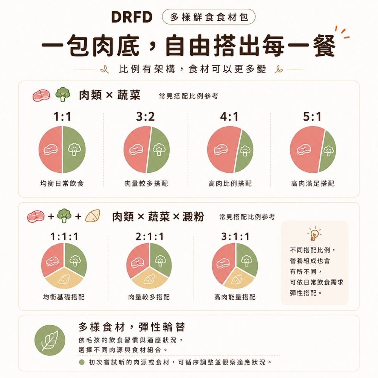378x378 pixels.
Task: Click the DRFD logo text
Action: [132, 17]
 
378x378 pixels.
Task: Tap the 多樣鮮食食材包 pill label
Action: [209, 17]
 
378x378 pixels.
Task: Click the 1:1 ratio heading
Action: [62, 117]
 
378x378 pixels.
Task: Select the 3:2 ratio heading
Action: [146, 117]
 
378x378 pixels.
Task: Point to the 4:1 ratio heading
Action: [229, 117]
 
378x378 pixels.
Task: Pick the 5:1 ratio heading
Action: [312, 117]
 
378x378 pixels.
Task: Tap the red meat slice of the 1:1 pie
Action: [50, 149]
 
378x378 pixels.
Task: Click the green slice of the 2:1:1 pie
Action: [161, 259]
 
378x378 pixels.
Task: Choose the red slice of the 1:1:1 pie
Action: [52, 259]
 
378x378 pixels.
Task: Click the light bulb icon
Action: [314, 234]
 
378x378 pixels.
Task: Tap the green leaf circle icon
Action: [50, 340]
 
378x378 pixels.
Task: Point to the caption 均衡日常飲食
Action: [62, 184]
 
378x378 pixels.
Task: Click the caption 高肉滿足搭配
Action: [313, 184]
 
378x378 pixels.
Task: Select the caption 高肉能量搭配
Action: [235, 297]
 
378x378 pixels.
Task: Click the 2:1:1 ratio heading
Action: [149, 237]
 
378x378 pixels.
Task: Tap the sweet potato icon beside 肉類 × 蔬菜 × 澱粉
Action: [93, 216]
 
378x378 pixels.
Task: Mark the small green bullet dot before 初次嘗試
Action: [82, 363]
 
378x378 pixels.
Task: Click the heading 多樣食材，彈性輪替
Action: [132, 327]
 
